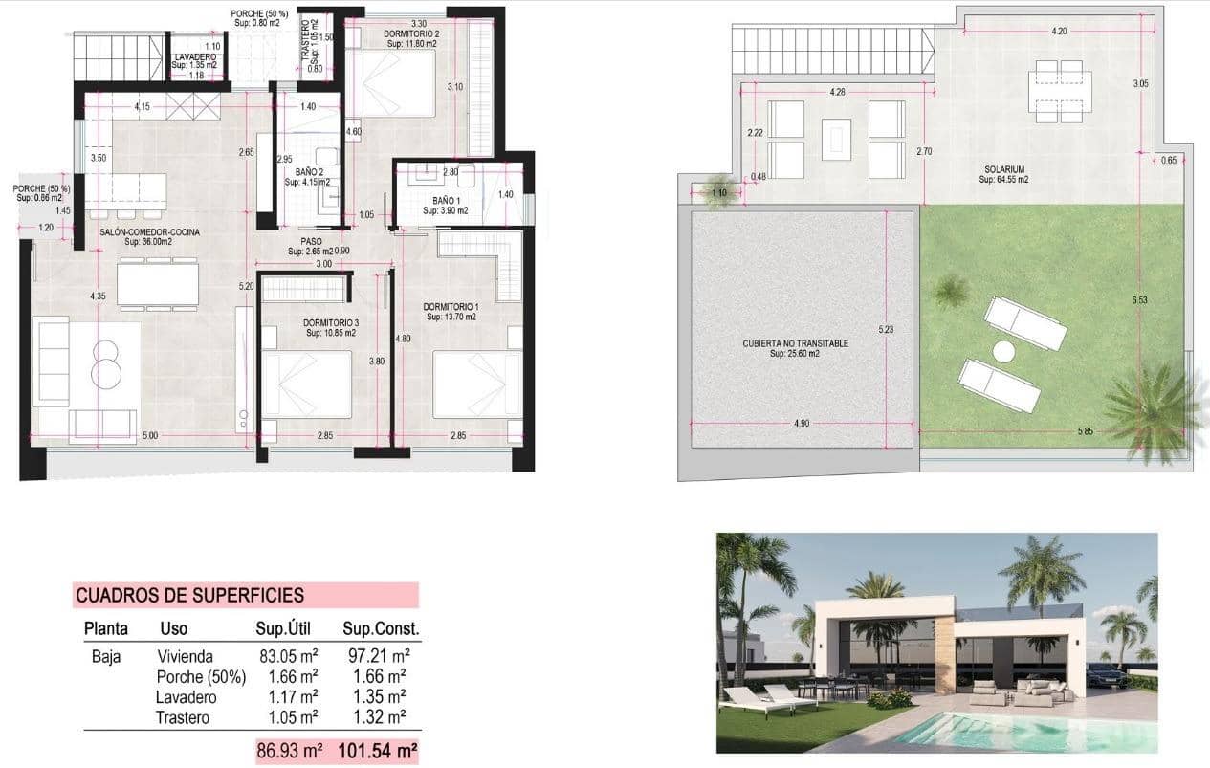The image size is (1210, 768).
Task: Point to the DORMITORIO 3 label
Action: coord(331,323)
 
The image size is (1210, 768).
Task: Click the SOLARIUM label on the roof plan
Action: coord(1003,169)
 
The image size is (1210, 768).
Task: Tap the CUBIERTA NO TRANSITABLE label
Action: coord(795,342)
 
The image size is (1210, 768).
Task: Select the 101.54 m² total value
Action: coord(378,751)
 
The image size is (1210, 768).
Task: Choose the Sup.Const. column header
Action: coord(381,629)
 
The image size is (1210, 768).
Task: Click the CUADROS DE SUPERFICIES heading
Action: coord(189,595)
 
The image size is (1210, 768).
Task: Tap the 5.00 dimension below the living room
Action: coord(150,436)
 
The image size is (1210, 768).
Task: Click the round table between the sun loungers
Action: coord(1003,352)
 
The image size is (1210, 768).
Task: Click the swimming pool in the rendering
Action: coord(1014,732)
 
